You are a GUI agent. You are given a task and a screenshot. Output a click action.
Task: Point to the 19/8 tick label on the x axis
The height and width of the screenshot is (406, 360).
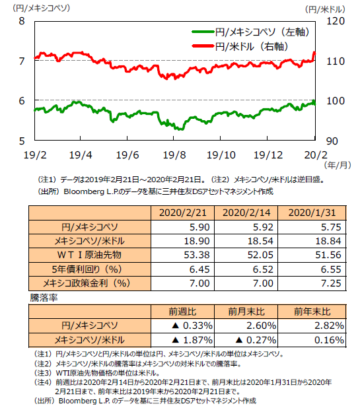(174, 155)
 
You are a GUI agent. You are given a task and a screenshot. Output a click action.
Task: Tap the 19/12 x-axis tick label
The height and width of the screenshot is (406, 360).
(268, 155)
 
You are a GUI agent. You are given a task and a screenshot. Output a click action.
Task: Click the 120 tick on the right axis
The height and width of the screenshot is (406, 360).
(336, 21)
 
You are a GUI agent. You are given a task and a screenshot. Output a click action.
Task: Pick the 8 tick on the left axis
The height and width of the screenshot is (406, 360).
(22, 21)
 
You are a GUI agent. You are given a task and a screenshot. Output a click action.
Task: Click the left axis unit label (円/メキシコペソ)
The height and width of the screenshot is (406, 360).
(41, 8)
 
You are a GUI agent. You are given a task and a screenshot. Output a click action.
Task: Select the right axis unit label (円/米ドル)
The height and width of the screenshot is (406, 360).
(325, 10)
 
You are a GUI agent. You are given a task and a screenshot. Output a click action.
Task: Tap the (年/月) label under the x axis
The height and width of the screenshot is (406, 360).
(338, 165)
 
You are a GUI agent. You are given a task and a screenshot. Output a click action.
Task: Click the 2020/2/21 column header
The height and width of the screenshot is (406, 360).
(182, 213)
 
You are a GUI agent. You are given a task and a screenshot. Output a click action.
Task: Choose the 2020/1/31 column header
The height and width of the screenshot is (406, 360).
(312, 213)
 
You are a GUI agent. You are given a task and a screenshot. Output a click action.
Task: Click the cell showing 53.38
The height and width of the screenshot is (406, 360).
(197, 255)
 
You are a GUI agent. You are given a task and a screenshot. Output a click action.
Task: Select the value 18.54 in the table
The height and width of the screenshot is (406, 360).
(260, 241)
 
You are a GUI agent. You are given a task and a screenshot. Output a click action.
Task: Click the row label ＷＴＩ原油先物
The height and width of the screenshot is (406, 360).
(89, 255)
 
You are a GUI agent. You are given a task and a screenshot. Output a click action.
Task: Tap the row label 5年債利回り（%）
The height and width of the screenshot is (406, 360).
(87, 269)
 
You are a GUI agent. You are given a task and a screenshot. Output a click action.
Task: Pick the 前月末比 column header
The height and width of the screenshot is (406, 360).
(246, 312)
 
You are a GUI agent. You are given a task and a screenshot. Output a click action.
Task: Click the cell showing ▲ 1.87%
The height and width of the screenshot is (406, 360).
(192, 340)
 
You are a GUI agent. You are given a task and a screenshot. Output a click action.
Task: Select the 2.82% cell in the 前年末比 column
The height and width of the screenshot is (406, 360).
(329, 325)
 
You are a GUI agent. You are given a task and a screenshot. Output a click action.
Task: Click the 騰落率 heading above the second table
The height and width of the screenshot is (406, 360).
(44, 298)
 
